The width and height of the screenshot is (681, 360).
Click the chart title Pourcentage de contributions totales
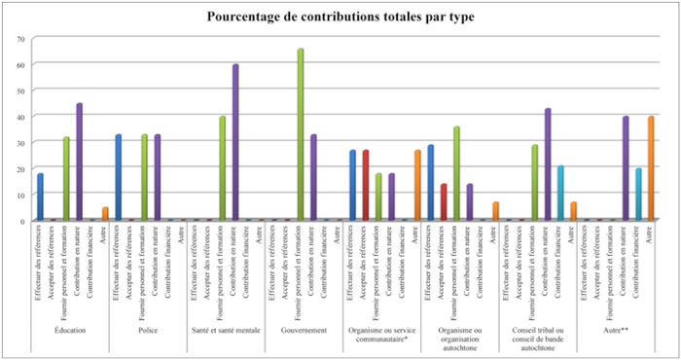(x=341, y=17)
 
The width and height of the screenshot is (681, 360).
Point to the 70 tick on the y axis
(x=19, y=38)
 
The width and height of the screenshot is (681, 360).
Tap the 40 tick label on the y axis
(x=19, y=117)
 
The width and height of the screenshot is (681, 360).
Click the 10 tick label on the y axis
(x=19, y=195)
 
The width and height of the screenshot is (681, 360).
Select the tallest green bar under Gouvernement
(x=301, y=135)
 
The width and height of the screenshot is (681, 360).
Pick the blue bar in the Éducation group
(x=40, y=198)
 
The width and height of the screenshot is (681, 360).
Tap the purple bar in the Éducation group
(x=79, y=162)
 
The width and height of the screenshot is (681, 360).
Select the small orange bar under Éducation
(x=105, y=214)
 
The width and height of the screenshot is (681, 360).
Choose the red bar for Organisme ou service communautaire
(x=366, y=186)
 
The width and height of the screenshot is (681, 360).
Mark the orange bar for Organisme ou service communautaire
(x=417, y=186)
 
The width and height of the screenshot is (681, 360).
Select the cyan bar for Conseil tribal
(x=560, y=194)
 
